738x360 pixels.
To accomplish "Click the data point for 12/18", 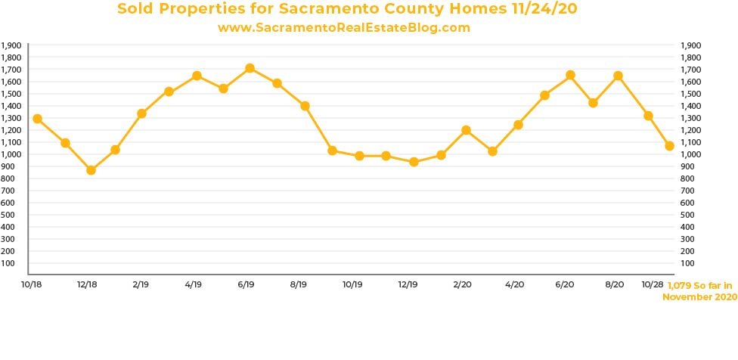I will tap(91, 170).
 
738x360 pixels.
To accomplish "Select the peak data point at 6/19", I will tap(250, 68).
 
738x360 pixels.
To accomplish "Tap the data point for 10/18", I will tap(37, 119).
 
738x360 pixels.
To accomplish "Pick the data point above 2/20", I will tap(466, 130).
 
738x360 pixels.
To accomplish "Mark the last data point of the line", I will tap(669, 145).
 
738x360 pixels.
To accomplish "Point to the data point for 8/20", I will tap(618, 76).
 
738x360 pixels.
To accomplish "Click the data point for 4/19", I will tap(197, 76).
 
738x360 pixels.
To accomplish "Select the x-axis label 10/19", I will tap(353, 284).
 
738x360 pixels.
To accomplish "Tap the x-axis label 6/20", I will tap(565, 284).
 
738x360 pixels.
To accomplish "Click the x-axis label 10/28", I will tap(653, 284).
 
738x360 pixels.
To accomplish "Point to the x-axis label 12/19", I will tap(408, 284).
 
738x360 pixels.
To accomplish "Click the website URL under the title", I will tap(344, 27).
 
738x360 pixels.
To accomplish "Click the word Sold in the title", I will tap(136, 9).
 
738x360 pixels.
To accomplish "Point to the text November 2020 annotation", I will tap(699, 297).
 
